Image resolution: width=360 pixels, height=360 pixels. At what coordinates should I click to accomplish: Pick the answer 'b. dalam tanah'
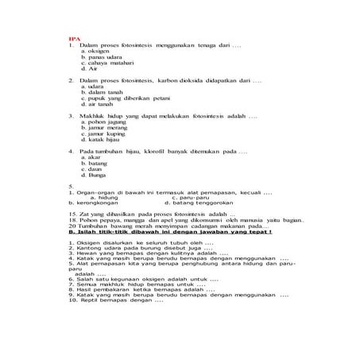(x=99, y=93)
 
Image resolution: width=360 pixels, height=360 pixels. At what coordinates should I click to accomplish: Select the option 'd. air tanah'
(x=97, y=105)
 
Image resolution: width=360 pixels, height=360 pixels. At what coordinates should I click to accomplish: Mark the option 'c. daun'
(x=91, y=169)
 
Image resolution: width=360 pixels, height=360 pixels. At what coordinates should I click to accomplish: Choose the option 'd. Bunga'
(x=93, y=175)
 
